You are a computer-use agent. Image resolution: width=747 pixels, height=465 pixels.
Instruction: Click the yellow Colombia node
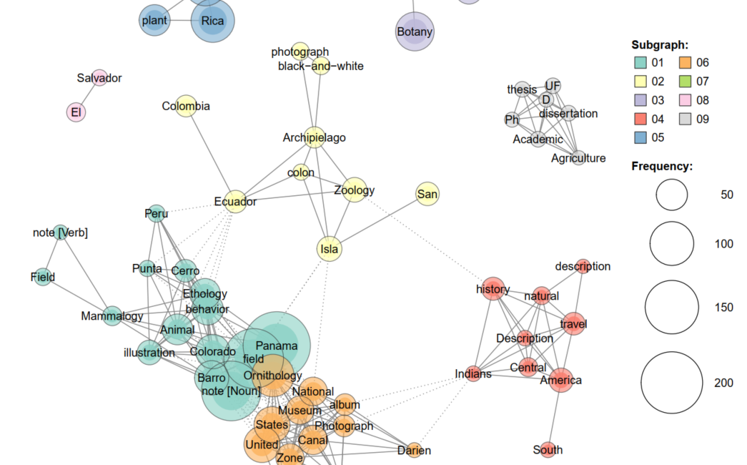click(186, 106)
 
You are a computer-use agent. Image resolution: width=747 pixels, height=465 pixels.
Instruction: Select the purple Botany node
click(415, 31)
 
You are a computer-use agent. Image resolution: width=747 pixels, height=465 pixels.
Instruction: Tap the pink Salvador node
click(99, 78)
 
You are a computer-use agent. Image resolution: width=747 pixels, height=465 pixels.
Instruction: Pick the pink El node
click(76, 112)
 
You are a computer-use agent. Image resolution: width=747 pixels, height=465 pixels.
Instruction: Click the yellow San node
click(427, 194)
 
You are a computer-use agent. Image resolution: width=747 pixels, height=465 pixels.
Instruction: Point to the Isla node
click(329, 249)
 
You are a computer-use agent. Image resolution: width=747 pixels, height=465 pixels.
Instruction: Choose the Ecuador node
click(235, 202)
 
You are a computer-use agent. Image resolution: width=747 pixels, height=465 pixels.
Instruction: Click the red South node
click(548, 450)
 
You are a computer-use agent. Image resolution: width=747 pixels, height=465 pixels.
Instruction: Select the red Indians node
click(473, 373)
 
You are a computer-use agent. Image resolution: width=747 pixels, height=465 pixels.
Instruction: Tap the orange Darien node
click(414, 451)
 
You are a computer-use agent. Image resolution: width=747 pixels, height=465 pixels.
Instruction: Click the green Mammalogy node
click(112, 315)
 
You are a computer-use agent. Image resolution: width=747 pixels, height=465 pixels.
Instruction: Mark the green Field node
click(43, 277)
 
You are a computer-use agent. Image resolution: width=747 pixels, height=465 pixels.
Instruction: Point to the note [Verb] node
click(61, 232)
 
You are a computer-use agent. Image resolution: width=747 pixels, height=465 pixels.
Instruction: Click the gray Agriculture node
click(578, 158)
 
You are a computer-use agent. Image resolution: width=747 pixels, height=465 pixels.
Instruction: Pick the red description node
click(583, 266)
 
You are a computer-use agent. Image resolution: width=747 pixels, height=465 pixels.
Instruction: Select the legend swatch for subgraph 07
click(683, 82)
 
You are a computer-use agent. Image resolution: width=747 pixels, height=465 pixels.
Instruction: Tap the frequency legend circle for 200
click(672, 383)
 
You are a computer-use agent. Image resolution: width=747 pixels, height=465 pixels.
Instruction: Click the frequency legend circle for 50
click(672, 195)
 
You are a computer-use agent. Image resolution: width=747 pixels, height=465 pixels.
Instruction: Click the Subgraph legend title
click(660, 44)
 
